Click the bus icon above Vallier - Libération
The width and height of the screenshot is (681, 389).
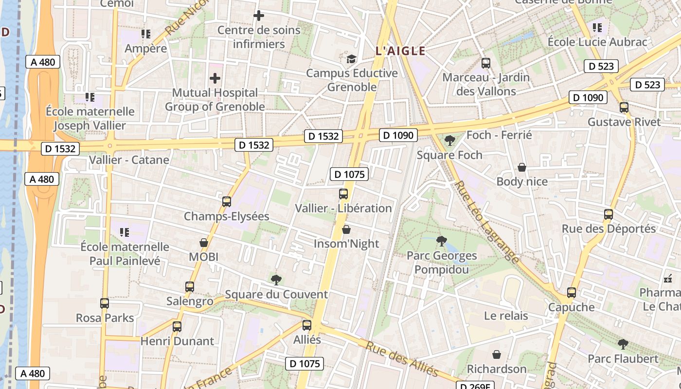pos(343,194)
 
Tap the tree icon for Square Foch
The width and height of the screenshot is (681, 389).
pos(450,141)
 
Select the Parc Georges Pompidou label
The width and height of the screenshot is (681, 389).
pos(442,263)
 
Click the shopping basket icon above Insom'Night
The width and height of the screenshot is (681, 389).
pos(346,229)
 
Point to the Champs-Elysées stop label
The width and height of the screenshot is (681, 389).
pos(226,216)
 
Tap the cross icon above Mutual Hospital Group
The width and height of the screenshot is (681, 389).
pos(215,78)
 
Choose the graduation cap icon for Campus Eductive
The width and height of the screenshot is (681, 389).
pos(351,59)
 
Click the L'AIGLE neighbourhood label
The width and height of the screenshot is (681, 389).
pos(400,51)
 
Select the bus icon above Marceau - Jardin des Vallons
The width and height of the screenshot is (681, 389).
pos(485,63)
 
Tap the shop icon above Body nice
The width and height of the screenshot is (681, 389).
pos(522,167)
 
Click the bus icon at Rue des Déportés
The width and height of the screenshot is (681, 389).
pos(608,214)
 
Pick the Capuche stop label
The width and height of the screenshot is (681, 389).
pos(571,307)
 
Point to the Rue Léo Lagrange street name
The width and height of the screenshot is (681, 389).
pos(486,224)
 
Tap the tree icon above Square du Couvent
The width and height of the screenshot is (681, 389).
pos(276,280)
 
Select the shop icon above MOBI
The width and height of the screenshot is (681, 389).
pos(204,242)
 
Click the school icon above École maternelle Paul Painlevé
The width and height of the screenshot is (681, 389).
pos(125,232)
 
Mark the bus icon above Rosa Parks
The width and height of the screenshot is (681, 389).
pos(105,303)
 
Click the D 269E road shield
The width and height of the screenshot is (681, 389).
pos(475,386)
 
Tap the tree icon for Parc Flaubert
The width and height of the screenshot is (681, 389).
pos(623,344)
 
